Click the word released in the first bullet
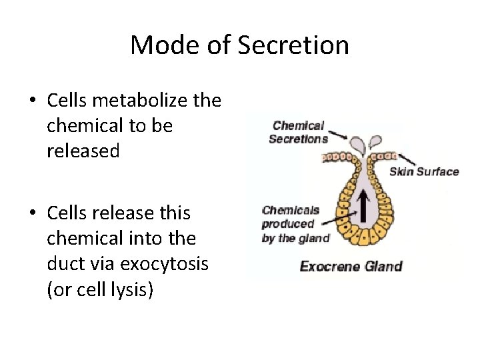click(83, 151)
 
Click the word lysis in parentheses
click(135, 290)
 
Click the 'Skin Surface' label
click(424, 172)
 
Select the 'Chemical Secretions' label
click(298, 132)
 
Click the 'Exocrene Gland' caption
click(351, 267)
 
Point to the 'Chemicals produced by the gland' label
click(295, 224)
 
